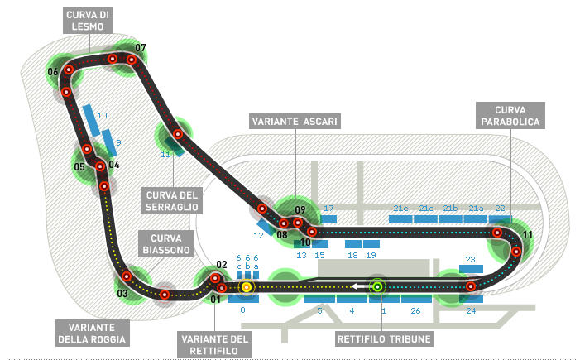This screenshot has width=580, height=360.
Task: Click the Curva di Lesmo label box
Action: pyautogui.click(x=88, y=21)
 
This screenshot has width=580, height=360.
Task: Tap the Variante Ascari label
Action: pyautogui.click(x=295, y=122)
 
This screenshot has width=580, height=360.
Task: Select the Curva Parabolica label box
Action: pyautogui.click(x=510, y=115)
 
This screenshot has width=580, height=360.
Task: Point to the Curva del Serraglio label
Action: pyautogui.click(x=171, y=200)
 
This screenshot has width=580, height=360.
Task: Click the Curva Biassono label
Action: pyautogui.click(x=166, y=244)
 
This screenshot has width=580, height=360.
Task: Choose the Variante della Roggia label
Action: pyautogui.click(x=93, y=334)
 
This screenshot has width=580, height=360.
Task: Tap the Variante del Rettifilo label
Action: pyautogui.click(x=214, y=345)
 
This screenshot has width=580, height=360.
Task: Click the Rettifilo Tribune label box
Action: pyautogui.click(x=384, y=339)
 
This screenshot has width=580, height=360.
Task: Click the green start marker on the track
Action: pyautogui.click(x=377, y=286)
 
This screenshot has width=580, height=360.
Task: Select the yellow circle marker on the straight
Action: pyautogui.click(x=247, y=287)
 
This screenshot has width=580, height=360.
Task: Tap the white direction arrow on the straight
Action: pyautogui.click(x=359, y=286)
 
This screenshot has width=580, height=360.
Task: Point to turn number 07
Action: pyautogui.click(x=140, y=48)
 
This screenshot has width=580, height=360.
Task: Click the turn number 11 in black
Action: pyautogui.click(x=528, y=234)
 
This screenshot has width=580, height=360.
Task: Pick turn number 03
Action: pyautogui.click(x=122, y=294)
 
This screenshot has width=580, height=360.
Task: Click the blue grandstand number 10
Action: pyautogui.click(x=102, y=115)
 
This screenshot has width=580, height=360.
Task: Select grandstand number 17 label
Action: pyautogui.click(x=328, y=209)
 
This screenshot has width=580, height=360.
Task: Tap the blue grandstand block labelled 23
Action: pyautogui.click(x=471, y=269)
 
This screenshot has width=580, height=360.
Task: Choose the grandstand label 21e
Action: pyautogui.click(x=400, y=209)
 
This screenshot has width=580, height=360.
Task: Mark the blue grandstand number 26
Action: pyautogui.click(x=416, y=311)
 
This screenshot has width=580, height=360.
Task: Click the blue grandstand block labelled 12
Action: pyautogui.click(x=265, y=227)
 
